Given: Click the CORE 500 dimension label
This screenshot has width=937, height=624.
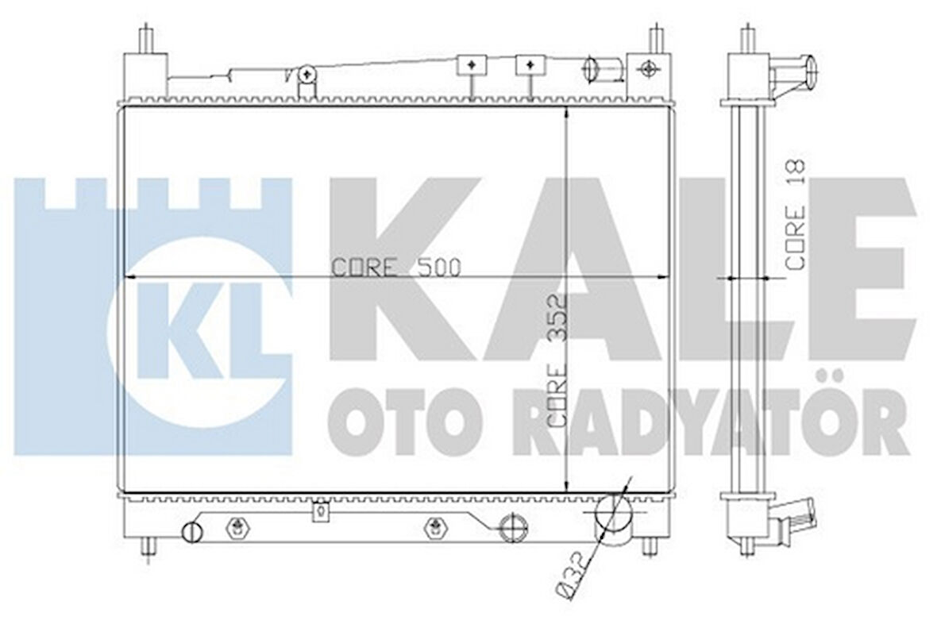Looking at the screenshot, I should pyautogui.click(x=395, y=267).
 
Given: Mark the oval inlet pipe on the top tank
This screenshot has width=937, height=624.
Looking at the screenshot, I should pyautogui.click(x=591, y=68).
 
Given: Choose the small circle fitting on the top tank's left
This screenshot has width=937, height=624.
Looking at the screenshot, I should pyautogui.click(x=309, y=75).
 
